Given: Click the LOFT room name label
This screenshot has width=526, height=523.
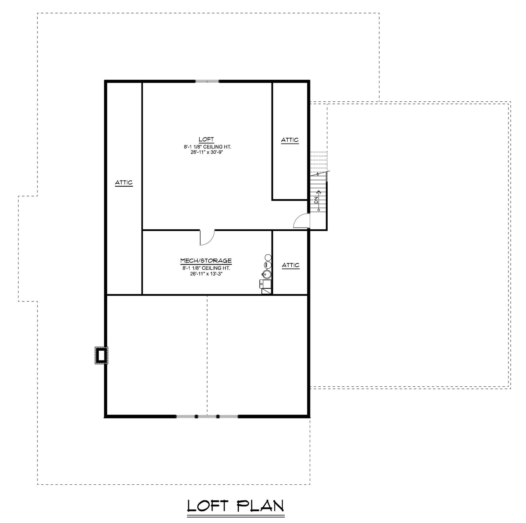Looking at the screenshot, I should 206,139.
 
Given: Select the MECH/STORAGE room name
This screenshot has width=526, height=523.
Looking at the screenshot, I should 206,261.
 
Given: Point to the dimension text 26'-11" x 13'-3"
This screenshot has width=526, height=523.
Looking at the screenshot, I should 206,274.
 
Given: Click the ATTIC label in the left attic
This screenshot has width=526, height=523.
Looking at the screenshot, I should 124,183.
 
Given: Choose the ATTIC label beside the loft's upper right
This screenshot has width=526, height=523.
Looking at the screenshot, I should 290,140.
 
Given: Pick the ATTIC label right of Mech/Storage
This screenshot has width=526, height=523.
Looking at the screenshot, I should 290,265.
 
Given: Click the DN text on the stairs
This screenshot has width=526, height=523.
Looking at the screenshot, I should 316,200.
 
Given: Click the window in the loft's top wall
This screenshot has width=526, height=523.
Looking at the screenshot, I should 207,81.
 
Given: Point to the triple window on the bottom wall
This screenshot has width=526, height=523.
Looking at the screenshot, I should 207,416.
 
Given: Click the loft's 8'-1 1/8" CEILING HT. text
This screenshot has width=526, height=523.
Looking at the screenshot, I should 207,147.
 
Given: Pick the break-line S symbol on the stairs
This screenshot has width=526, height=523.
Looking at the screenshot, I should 318,174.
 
